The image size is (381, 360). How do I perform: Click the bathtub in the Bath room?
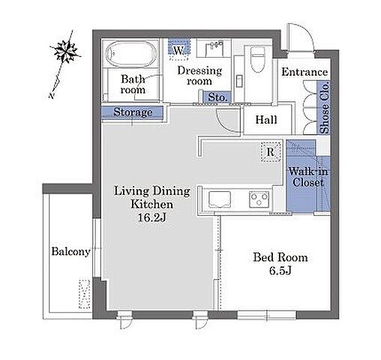tap(131, 53)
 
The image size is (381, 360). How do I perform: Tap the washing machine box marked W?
tap(178, 49)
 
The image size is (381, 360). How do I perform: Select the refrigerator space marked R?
tap(271, 151)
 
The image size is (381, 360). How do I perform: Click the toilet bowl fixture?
tap(257, 59)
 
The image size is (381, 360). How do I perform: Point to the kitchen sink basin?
tap(220, 199)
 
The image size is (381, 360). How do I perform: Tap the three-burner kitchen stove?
tap(259, 199)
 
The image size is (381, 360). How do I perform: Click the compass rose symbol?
tap(66, 52)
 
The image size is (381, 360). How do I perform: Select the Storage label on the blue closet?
tap(133, 112)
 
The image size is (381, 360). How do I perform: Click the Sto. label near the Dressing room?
tap(217, 97)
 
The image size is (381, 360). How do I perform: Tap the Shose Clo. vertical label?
tap(325, 108)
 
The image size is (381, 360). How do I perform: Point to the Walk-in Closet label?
tap(308, 177)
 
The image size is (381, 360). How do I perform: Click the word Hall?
tap(266, 120)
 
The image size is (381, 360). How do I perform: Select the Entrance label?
tap(304, 72)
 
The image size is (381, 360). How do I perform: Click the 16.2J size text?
tap(152, 217)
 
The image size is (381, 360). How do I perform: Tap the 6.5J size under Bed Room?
tap(280, 271)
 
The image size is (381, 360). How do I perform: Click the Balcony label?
tap(71, 251)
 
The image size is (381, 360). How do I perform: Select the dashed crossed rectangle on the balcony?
tap(84, 294)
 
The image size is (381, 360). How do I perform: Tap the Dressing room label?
tap(199, 76)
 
